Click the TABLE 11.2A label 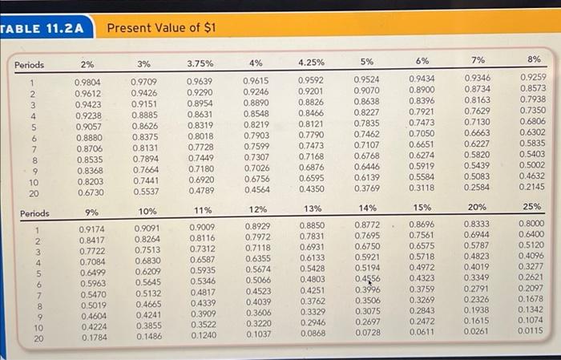[x=43, y=28]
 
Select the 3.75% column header [x=201, y=63]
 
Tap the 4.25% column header [x=310, y=62]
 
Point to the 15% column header [x=422, y=208]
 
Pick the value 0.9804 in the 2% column [x=88, y=82]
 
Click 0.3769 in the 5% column [x=367, y=188]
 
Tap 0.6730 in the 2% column [x=88, y=192]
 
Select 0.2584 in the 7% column [x=479, y=187]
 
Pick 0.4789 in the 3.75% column [x=201, y=192]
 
